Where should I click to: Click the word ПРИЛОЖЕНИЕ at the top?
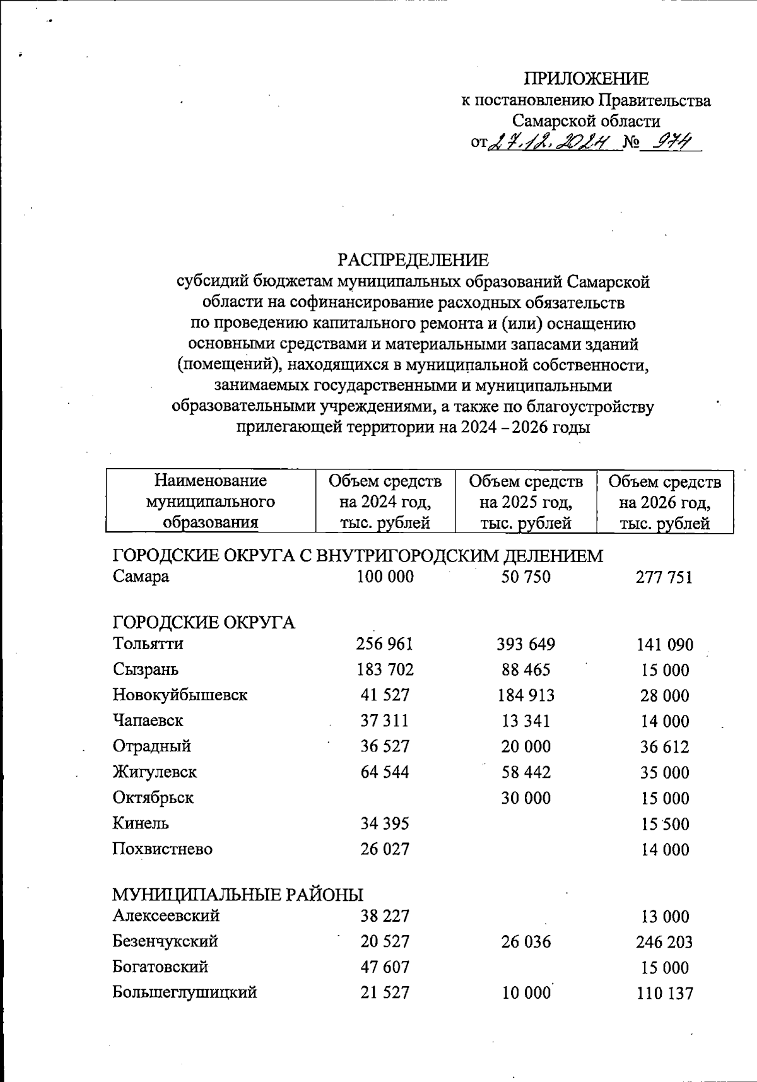(587, 79)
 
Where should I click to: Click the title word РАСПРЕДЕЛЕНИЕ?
(413, 261)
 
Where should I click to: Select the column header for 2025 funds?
(525, 502)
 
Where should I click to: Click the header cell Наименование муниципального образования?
(211, 502)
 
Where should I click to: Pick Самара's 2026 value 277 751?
(664, 577)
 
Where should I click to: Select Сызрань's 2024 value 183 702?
(385, 669)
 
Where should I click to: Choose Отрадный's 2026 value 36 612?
(665, 747)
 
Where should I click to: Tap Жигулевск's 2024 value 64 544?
(385, 772)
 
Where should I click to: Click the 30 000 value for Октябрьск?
(525, 798)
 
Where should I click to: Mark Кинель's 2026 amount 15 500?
(665, 824)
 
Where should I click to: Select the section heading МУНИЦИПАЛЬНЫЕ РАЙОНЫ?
(238, 895)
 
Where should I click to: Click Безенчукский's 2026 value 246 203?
(664, 942)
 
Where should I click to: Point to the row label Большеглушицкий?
(184, 992)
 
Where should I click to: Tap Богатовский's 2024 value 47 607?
(385, 967)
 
